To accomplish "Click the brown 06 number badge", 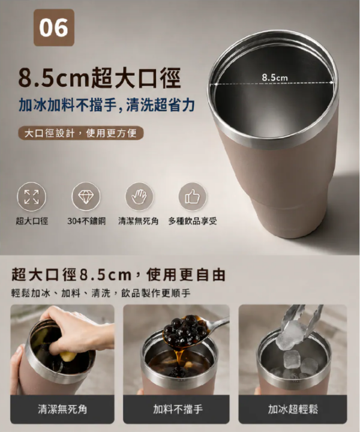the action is pos(54,28).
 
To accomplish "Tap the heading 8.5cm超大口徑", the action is pos(100,78).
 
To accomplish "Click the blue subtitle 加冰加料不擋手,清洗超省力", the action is pos(107,105).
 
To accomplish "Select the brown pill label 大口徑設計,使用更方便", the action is pos(81,133).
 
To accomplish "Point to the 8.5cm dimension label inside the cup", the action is pos(275,77).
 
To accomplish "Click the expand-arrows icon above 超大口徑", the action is pos(32,197).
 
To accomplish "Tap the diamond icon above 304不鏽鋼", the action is pos(86,197).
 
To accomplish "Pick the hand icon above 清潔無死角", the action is pos(139,197).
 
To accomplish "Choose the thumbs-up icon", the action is pos(193,197).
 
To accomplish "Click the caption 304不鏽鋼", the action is pos(86,221).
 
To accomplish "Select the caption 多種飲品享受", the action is pos(193,221).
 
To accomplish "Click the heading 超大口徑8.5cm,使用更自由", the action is pos(118,275).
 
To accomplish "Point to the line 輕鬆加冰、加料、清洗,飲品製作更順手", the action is pos(101,293).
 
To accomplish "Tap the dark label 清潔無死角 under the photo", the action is pos(62,409).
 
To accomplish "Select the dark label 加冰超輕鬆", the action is pos(293,409).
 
